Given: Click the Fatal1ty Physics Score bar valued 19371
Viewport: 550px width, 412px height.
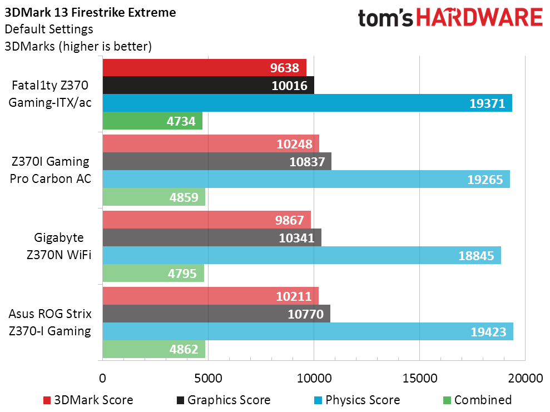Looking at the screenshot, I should click(307, 103).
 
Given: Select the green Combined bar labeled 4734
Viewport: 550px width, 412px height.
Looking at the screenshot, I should click(152, 121).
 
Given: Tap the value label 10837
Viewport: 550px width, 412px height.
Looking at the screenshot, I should click(308, 162).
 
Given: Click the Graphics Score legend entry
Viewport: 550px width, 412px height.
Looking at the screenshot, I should click(223, 400).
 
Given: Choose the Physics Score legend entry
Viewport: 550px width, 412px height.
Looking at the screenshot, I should click(356, 400).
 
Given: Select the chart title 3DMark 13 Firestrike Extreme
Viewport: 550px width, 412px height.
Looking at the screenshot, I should click(90, 12).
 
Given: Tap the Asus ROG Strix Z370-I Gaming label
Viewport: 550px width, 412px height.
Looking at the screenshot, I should click(49, 322).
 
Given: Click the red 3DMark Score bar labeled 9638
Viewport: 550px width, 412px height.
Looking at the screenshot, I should click(204, 68).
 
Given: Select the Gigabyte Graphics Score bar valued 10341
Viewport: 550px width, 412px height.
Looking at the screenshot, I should click(212, 238).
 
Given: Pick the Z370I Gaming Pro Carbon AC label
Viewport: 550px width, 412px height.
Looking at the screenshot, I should click(50, 170).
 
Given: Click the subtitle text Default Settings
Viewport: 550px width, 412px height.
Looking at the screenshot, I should click(49, 29).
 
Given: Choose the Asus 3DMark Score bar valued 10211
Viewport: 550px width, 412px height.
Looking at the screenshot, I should click(210, 296).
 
